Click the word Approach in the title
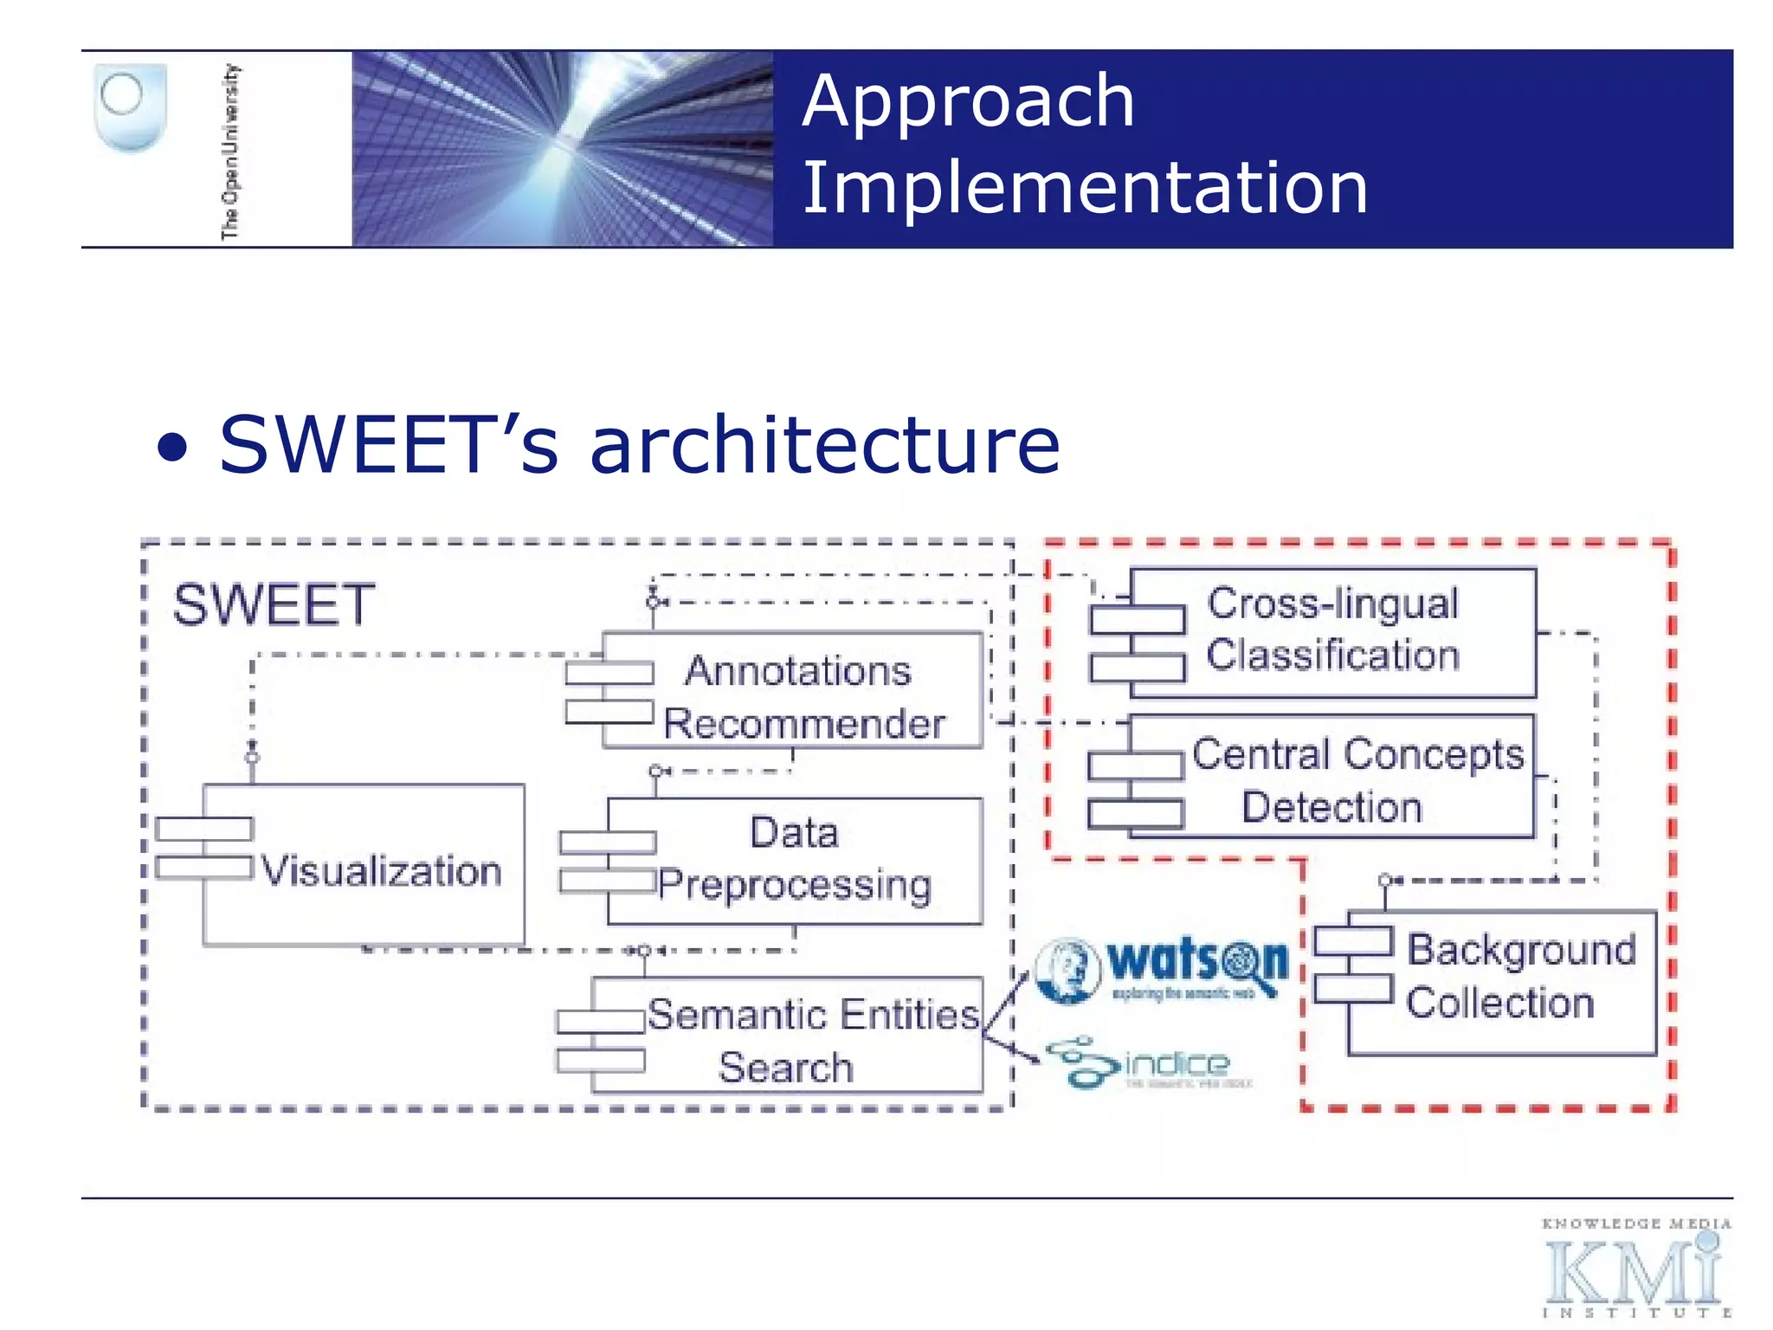coord(967,102)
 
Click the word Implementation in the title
coord(1085,188)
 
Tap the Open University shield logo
coord(130,107)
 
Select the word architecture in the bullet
coord(824,445)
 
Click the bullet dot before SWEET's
coord(172,449)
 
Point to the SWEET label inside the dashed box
coord(274,604)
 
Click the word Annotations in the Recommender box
coord(797,671)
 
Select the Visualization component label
coord(381,870)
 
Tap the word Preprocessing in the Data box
coord(794,885)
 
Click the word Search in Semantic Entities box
coord(785,1067)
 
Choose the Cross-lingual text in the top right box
coord(1332,604)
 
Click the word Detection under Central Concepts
coord(1331,807)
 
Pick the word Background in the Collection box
coord(1521,950)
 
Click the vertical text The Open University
coord(230,152)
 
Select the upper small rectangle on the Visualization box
coord(204,829)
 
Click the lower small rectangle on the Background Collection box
coord(1353,988)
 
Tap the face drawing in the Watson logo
coord(1067,970)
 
